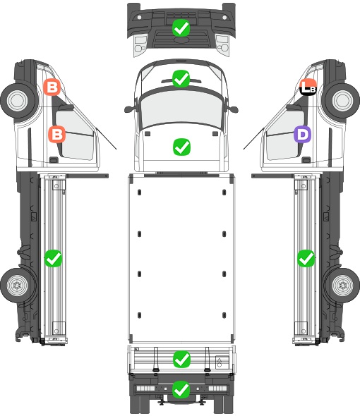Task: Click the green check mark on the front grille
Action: [181, 28]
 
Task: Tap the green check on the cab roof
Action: [181, 78]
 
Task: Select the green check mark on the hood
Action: [181, 147]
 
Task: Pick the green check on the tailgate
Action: [181, 360]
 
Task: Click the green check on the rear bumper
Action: [181, 389]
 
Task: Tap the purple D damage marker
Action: [302, 135]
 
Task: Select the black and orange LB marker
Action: [308, 87]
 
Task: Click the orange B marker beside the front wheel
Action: [52, 87]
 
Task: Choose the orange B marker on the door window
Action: [57, 134]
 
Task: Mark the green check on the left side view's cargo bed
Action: [53, 258]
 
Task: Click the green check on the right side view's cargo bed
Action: [306, 258]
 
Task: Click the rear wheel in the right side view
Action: [342, 285]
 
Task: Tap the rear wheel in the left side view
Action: [18, 285]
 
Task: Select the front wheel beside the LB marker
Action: [342, 101]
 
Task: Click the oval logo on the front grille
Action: [181, 39]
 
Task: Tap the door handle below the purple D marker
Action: [306, 160]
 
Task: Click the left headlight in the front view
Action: [140, 45]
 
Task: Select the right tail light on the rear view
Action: [218, 389]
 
